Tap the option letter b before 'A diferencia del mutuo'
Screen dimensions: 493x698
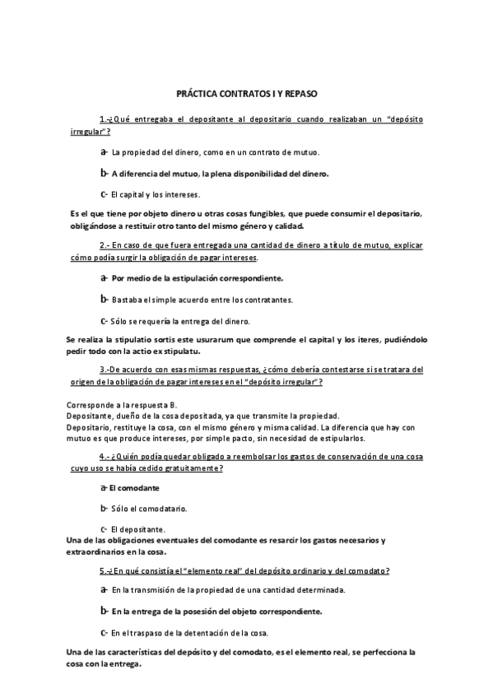coord(104,173)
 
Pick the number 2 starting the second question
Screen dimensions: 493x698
coord(102,246)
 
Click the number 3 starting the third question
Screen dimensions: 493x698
coord(102,370)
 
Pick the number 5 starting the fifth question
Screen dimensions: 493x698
coord(101,570)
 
